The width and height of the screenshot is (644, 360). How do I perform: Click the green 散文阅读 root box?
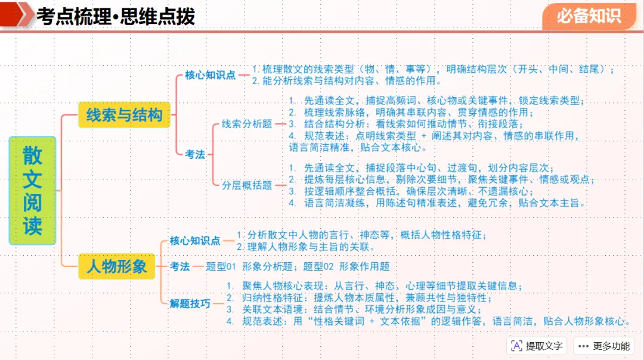(32, 191)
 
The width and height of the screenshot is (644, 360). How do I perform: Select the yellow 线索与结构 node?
(124, 114)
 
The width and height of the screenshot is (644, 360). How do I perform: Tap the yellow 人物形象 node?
(117, 266)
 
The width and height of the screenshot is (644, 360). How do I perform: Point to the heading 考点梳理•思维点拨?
(116, 16)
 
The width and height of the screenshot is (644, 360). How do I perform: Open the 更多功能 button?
(603, 346)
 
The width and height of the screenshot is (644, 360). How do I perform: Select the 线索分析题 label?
(247, 124)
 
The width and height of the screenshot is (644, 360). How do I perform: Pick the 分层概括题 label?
(247, 185)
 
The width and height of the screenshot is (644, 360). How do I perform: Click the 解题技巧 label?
(190, 303)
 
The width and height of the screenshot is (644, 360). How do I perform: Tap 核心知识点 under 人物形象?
(194, 241)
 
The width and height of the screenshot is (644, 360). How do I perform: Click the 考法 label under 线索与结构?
(194, 154)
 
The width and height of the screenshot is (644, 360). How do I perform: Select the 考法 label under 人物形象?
(180, 266)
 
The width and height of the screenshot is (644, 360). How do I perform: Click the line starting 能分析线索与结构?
(346, 80)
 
